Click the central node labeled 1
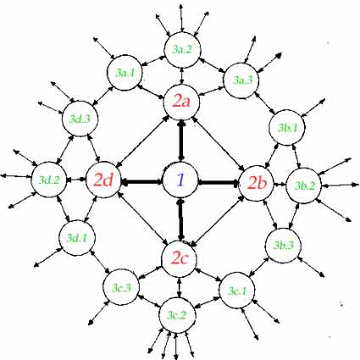point(180,180)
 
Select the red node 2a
point(181,102)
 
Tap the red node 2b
point(257,184)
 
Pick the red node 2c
point(180,258)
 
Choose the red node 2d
point(103,180)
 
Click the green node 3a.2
point(182,50)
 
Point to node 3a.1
point(125,73)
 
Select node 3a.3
point(241,80)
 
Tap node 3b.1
point(287,128)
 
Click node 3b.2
point(304,186)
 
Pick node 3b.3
point(283,246)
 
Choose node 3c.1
point(237,291)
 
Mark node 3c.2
point(177,315)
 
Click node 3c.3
point(121,287)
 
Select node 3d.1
point(77,238)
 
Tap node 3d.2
point(49,180)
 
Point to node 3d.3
point(80,119)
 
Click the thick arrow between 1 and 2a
point(181,141)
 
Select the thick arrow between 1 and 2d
point(142,182)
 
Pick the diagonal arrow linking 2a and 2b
point(219,144)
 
